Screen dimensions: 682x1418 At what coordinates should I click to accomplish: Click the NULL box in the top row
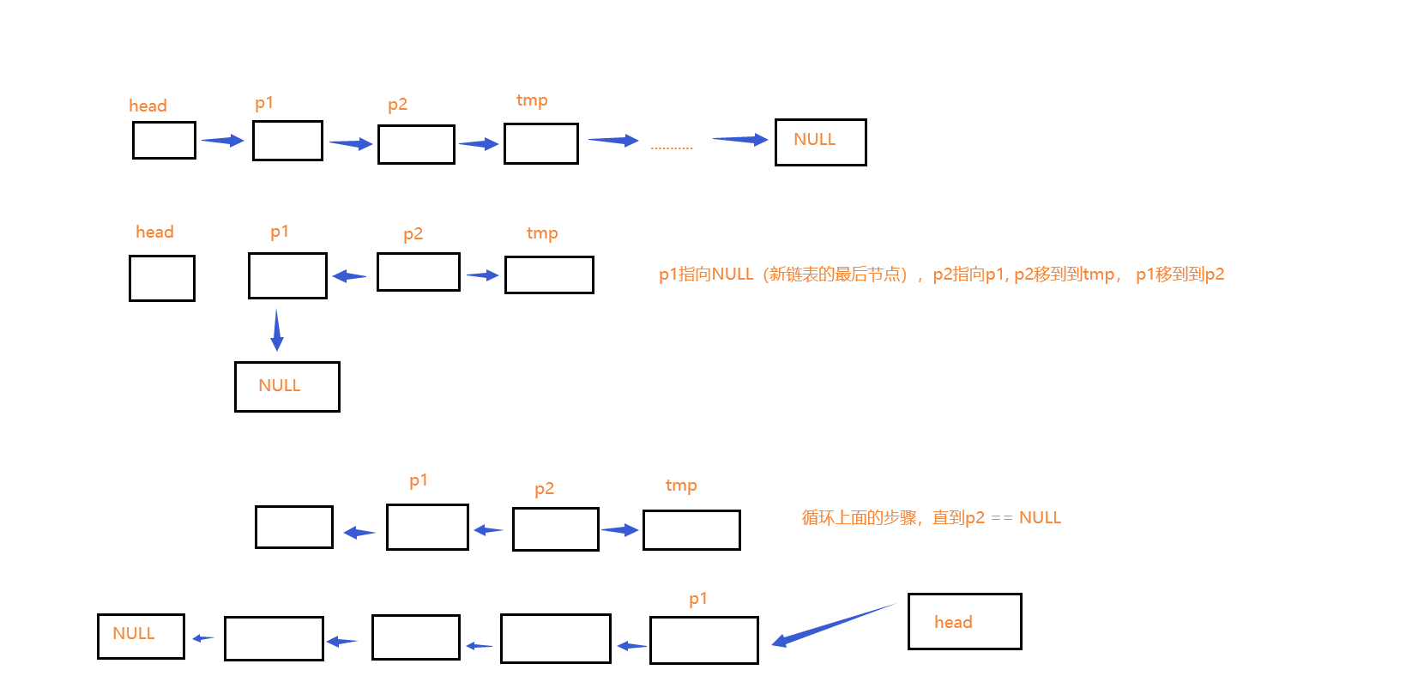(820, 142)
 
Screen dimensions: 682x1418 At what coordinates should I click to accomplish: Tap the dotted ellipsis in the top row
(671, 148)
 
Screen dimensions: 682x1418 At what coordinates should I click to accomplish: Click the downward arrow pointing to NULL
(276, 329)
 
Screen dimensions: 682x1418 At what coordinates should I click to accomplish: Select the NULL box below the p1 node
(287, 386)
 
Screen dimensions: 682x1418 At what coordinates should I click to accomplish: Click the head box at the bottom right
(964, 621)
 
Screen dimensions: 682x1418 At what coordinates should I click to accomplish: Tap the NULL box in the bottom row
(141, 636)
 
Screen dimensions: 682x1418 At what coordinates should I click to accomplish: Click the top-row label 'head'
(148, 106)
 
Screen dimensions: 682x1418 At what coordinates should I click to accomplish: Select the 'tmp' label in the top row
(532, 100)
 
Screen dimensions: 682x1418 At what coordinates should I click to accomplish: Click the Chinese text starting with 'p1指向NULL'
(941, 275)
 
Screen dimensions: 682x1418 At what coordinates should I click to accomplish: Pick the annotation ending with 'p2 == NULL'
(931, 517)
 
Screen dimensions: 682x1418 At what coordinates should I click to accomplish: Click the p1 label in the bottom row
(698, 599)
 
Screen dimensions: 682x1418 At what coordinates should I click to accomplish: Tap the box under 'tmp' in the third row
(691, 529)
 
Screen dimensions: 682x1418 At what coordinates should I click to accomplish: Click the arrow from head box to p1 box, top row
(223, 141)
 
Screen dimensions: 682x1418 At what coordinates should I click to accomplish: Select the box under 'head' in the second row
(162, 278)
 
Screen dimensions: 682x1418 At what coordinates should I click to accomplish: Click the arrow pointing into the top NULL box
(739, 139)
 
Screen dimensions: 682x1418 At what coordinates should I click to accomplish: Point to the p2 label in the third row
(544, 489)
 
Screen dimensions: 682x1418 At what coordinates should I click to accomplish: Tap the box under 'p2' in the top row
(416, 144)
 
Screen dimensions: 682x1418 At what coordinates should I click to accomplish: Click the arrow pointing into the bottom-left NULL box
(203, 637)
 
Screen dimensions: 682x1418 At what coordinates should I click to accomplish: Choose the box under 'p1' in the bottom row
(703, 640)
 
